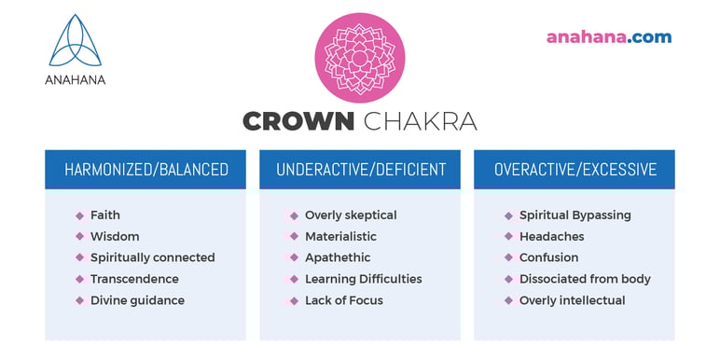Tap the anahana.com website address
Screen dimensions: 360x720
pos(608,37)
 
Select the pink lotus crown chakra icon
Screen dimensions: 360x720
pos(359,57)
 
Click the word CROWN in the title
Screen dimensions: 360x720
pos(298,121)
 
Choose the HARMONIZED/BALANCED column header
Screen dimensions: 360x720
pos(145,170)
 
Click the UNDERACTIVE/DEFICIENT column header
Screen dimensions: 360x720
pos(360,170)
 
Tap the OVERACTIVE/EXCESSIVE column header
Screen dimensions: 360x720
pos(575,170)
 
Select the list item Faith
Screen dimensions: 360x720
pos(105,215)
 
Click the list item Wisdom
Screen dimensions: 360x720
pos(115,237)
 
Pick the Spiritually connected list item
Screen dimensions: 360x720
pos(152,258)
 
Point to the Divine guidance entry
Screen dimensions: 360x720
pos(137,301)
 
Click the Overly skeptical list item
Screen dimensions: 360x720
pos(351,215)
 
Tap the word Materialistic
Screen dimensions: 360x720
pos(340,237)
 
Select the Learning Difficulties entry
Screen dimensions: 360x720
pos(363,280)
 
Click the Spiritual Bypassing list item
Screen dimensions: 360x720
pos(575,215)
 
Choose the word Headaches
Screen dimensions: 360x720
pos(550,237)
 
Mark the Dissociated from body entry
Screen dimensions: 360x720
pos(585,280)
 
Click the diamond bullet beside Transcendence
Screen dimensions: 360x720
pos(79,280)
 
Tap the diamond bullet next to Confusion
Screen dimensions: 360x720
pos(508,258)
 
